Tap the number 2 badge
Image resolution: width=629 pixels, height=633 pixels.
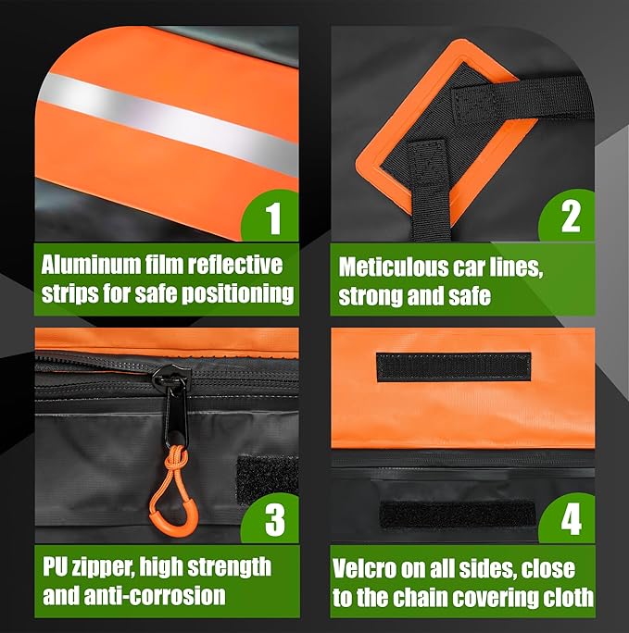pos(569,216)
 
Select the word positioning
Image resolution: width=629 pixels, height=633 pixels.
pos(237,293)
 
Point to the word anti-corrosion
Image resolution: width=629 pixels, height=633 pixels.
pos(155,595)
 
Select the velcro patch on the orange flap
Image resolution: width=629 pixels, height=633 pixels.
pos(454,366)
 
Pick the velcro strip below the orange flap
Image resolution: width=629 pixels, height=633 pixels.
pos(458,514)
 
